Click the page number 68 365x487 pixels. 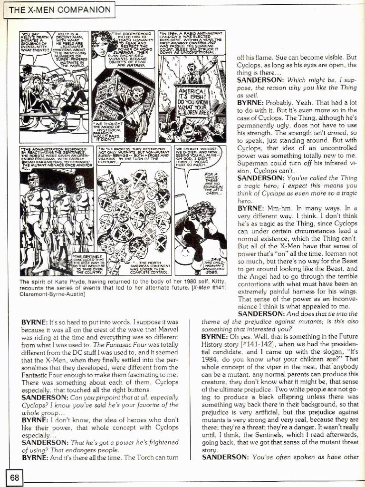tap(14, 477)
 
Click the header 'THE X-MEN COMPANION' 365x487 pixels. tap(59, 9)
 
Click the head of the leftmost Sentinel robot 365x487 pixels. tap(33, 181)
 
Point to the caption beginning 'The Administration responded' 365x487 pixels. tap(54, 159)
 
